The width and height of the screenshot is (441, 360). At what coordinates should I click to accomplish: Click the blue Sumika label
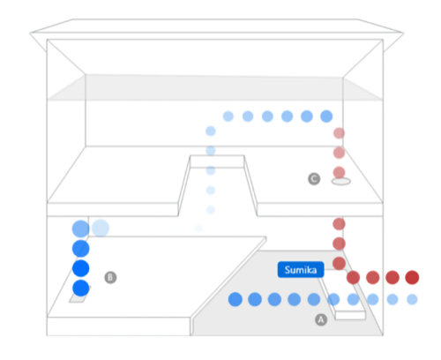(301, 270)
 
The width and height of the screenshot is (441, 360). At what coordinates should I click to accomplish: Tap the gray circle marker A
(321, 319)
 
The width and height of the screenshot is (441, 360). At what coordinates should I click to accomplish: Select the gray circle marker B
(110, 277)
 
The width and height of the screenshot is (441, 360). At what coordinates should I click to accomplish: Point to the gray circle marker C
(314, 179)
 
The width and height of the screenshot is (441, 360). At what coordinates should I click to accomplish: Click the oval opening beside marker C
(341, 182)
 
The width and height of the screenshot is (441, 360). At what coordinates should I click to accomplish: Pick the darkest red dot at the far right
(412, 277)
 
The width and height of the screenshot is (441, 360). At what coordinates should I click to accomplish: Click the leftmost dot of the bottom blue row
(235, 299)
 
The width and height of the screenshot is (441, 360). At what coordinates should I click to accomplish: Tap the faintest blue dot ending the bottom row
(412, 299)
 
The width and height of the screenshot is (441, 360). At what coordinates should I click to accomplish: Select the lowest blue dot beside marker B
(81, 288)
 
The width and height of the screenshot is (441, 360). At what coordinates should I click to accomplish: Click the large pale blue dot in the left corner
(101, 229)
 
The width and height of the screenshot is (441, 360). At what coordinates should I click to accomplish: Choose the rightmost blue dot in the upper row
(326, 116)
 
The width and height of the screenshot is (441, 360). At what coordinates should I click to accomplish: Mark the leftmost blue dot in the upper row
(228, 116)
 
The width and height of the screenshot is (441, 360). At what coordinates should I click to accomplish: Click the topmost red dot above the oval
(339, 133)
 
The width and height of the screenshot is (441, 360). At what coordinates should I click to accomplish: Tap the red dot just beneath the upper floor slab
(339, 224)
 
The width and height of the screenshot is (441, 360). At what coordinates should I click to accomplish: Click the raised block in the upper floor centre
(217, 161)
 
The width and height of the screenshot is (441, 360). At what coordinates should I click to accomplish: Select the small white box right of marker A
(350, 315)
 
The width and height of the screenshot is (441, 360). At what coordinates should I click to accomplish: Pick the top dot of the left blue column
(81, 229)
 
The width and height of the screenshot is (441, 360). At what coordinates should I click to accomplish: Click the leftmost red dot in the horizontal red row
(353, 277)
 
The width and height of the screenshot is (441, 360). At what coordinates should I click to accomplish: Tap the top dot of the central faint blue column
(211, 131)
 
